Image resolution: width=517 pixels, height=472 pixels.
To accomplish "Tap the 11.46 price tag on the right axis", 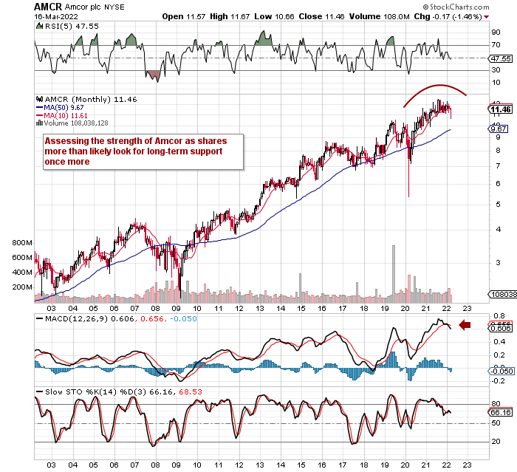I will (x=500, y=109).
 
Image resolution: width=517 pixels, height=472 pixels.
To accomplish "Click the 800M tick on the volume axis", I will (x=23, y=243).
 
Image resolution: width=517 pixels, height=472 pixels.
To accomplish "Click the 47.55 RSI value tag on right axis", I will (x=500, y=58).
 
